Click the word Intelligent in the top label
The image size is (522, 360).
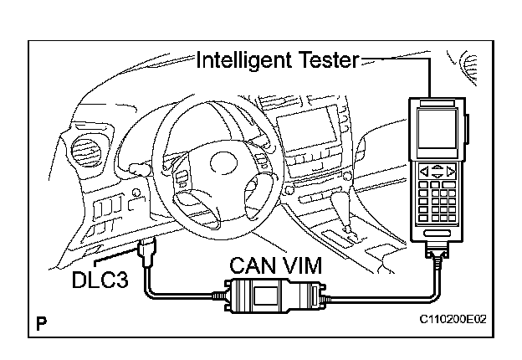(x=238, y=60)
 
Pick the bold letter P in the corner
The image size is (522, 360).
(x=41, y=321)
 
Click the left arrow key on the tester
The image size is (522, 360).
(x=422, y=173)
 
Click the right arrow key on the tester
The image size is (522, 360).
(x=453, y=173)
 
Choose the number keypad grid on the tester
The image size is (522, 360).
(x=437, y=201)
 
